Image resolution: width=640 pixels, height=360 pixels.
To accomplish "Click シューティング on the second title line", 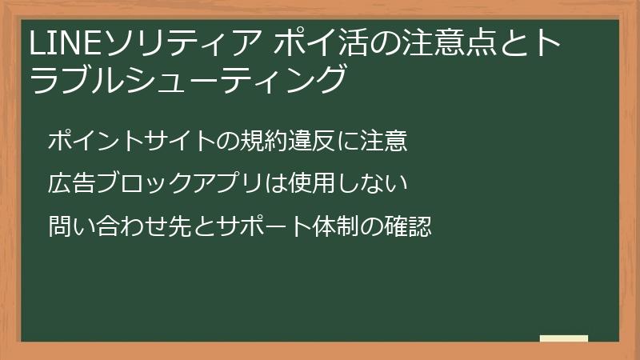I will (x=247, y=80).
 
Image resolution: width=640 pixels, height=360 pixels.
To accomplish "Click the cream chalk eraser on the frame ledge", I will (x=563, y=338).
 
